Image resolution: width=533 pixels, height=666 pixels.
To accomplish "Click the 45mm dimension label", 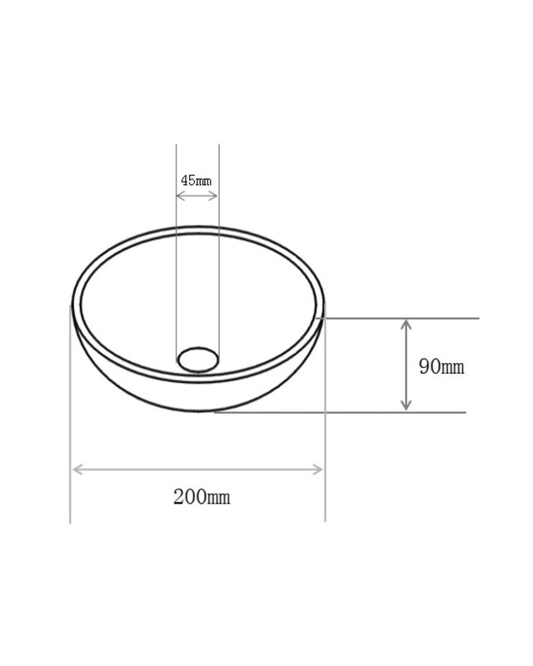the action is tap(196, 181).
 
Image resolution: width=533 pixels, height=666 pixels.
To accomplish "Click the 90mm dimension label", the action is tap(441, 366).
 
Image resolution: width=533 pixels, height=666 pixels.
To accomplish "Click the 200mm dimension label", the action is tap(202, 496).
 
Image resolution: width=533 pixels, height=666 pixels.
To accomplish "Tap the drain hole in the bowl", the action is tap(198, 360).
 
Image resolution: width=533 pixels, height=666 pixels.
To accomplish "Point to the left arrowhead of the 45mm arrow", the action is tap(180, 196).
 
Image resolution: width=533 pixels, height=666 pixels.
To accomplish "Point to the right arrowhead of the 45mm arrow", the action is tap(213, 196).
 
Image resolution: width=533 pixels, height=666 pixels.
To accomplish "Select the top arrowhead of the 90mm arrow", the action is tap(406, 325).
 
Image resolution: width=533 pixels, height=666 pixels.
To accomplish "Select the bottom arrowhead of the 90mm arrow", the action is tap(406, 405).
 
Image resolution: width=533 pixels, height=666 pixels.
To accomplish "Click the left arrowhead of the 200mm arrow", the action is tap(77, 470).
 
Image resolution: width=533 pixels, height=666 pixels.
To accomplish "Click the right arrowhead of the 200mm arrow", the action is tap(318, 470).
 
